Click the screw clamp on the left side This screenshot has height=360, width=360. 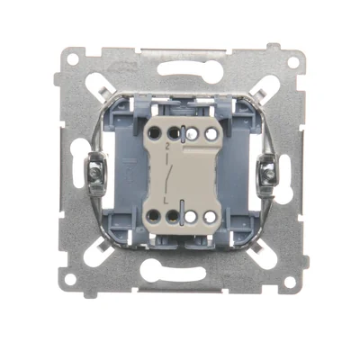tap(94, 171)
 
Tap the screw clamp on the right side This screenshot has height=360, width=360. tap(268, 171)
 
